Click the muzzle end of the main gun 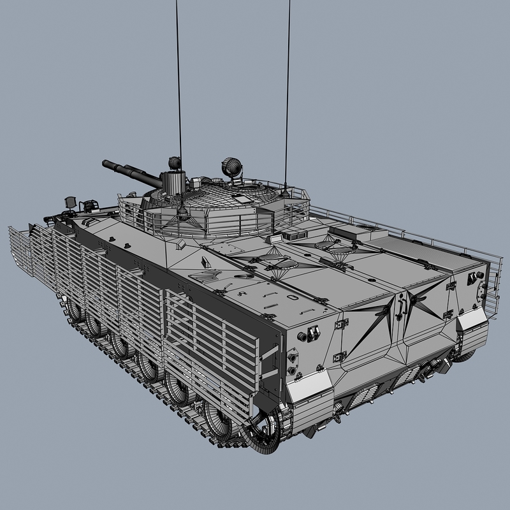coord(105,164)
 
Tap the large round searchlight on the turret coord(231,168)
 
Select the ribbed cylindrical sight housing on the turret coord(171,182)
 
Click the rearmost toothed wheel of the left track coord(266,430)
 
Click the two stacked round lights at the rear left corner coord(292,364)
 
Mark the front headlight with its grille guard coord(71,203)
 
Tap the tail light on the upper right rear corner coord(473,279)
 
